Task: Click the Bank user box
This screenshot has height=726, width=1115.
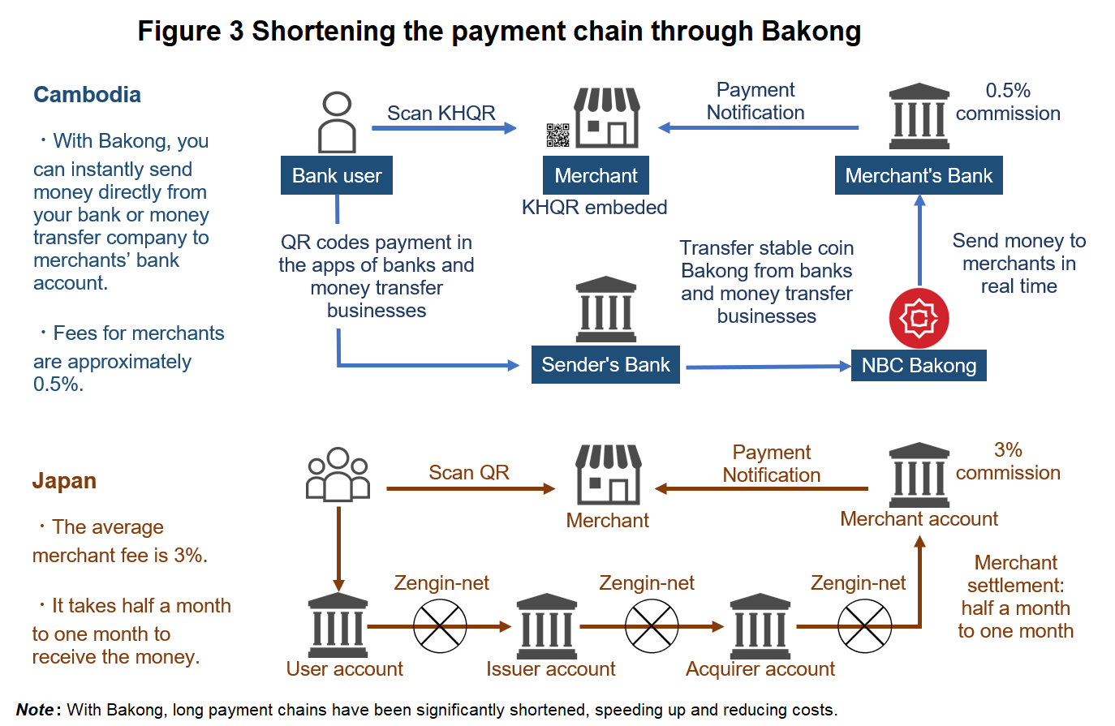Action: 337,176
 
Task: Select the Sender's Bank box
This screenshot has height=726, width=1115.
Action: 605,365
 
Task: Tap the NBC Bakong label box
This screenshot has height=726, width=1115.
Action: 919,366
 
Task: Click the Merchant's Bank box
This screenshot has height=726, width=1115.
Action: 919,176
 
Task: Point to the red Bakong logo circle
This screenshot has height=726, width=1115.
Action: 919,318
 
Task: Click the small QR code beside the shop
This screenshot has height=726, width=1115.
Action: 557,135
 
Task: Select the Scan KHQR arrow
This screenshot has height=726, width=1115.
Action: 444,128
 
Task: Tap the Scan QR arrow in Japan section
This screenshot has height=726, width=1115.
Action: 471,488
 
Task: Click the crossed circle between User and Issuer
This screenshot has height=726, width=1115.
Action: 440,626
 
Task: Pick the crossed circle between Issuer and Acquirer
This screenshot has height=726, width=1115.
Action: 652,626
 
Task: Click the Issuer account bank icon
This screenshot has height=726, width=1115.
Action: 547,626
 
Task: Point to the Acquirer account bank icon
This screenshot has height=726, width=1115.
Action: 760,626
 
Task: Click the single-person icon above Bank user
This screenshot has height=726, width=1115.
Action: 337,122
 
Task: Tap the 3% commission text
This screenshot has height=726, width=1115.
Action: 1008,462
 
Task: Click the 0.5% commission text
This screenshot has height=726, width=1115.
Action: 1008,102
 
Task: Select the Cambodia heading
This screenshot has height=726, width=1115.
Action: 87,95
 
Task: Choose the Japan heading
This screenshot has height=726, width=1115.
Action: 64,481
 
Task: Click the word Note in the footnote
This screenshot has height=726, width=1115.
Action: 36,710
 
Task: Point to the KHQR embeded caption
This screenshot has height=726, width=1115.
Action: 594,208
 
